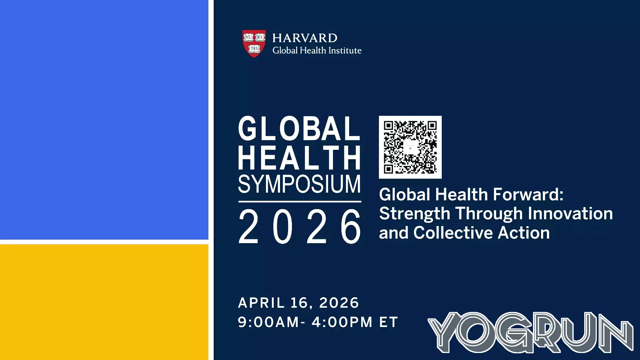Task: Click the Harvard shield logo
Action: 254,43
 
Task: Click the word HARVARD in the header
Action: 305,38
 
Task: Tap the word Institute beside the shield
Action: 345,51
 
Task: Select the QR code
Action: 410,147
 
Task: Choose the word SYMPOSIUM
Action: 299,184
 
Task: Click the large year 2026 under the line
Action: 299,226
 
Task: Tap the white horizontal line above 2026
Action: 299,202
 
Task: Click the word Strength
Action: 414,213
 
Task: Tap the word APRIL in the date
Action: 261,303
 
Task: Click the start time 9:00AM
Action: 268,322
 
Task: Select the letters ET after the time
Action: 388,322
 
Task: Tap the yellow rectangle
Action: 104,302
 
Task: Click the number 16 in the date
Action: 299,303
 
